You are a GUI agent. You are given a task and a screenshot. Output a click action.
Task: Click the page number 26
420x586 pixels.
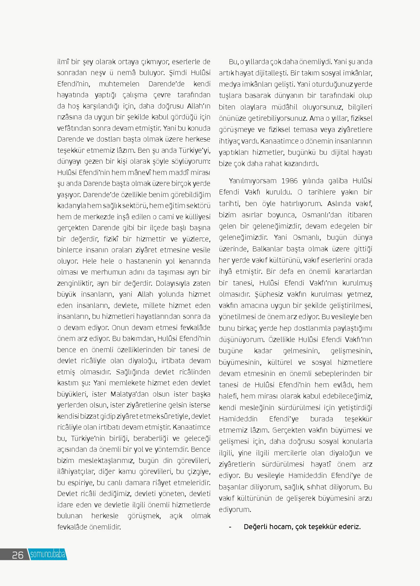point(18,555)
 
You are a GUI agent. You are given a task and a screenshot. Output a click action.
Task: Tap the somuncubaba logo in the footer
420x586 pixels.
point(48,554)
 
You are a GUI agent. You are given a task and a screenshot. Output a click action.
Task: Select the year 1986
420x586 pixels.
point(290,181)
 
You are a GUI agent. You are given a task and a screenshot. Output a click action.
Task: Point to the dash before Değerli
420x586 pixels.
point(230,527)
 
